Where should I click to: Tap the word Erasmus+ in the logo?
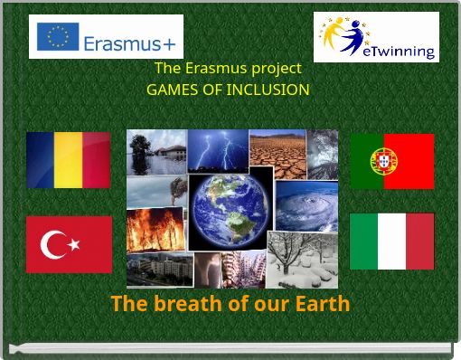[129, 41]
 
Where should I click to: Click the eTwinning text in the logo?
[398, 51]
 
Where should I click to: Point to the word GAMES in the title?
[170, 90]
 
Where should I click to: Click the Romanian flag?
[68, 160]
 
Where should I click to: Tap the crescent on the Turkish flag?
[59, 244]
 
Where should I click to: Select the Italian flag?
[391, 241]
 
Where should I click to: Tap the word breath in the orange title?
[189, 303]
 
